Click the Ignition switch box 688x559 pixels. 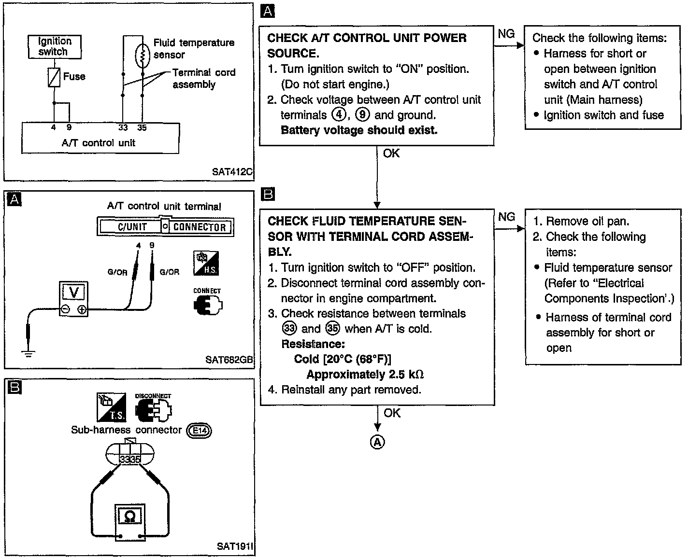tap(54, 47)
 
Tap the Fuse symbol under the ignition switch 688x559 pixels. tap(54, 77)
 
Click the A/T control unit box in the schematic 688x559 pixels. tap(100, 138)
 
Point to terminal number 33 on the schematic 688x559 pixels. tap(123, 128)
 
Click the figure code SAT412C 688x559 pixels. tap(232, 172)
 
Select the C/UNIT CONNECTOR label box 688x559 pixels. tap(166, 226)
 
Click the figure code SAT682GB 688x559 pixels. tap(229, 360)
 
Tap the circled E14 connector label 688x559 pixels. tap(199, 431)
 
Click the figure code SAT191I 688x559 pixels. tap(235, 546)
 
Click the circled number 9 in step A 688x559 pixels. tap(362, 115)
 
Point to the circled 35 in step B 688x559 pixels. tap(332, 329)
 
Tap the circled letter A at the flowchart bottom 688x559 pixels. tap(377, 442)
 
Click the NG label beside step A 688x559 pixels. tap(506, 33)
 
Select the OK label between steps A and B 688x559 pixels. tap(391, 153)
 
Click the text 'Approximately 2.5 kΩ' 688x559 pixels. tap(365, 375)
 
